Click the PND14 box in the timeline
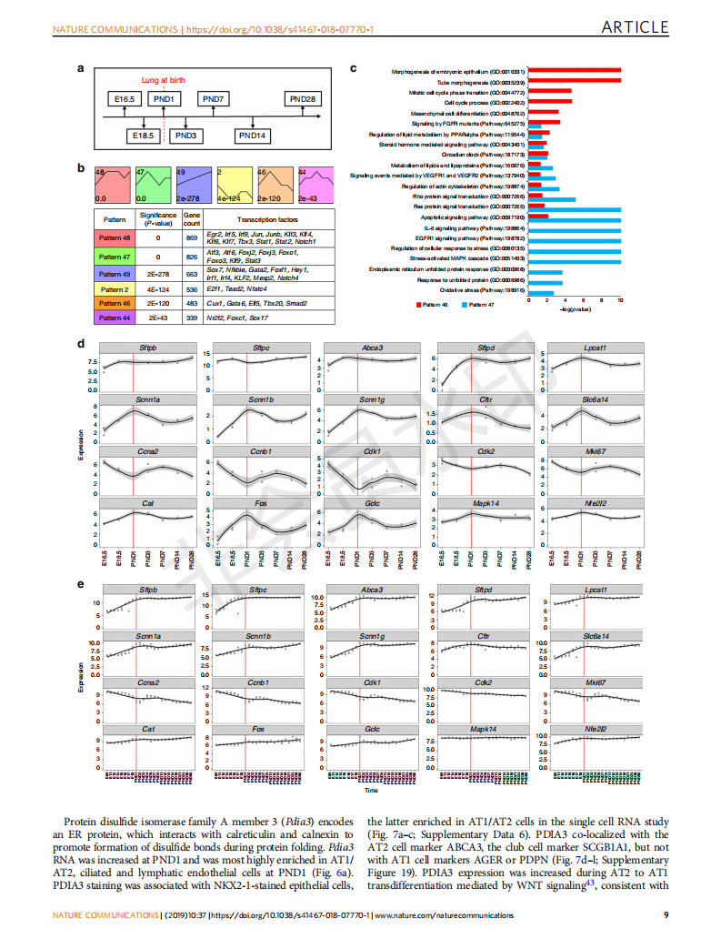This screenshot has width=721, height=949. tap(253, 136)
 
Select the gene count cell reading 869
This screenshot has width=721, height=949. tap(191, 237)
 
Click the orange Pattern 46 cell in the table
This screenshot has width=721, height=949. tap(115, 302)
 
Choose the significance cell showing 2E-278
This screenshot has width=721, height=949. tap(158, 273)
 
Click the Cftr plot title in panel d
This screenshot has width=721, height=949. tap(485, 399)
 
